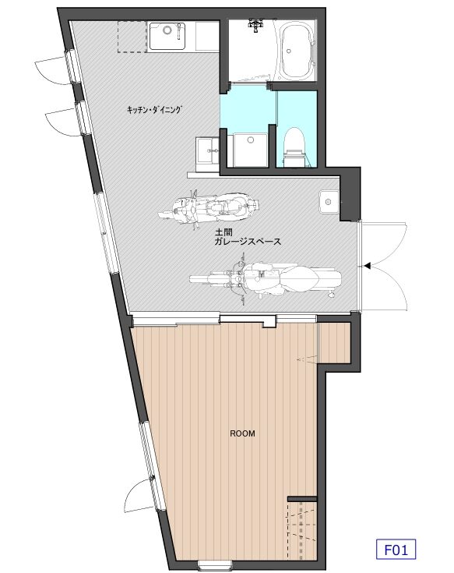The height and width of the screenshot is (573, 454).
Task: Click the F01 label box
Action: click(396, 550)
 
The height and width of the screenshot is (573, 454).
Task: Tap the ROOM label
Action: click(242, 433)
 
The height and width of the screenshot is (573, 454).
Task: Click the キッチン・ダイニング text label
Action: click(154, 109)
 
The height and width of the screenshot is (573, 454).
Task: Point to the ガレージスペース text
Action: click(248, 242)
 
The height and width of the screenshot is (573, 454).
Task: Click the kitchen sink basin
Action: click(167, 36)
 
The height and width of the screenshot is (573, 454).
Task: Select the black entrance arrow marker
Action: click(367, 266)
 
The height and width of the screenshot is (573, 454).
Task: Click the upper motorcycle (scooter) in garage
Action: click(209, 207)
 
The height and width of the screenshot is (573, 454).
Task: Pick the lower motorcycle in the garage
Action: click(266, 278)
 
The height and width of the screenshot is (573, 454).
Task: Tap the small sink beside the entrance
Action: click(329, 202)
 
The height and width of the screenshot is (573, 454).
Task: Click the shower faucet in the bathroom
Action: click(255, 26)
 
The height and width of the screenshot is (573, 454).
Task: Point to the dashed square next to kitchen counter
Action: click(132, 37)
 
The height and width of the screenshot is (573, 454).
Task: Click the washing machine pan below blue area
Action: click(250, 150)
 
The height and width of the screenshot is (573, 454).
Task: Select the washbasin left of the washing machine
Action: click(208, 154)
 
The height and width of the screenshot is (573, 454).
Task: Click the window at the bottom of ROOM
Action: click(214, 565)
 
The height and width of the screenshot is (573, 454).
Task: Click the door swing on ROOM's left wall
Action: click(139, 497)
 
